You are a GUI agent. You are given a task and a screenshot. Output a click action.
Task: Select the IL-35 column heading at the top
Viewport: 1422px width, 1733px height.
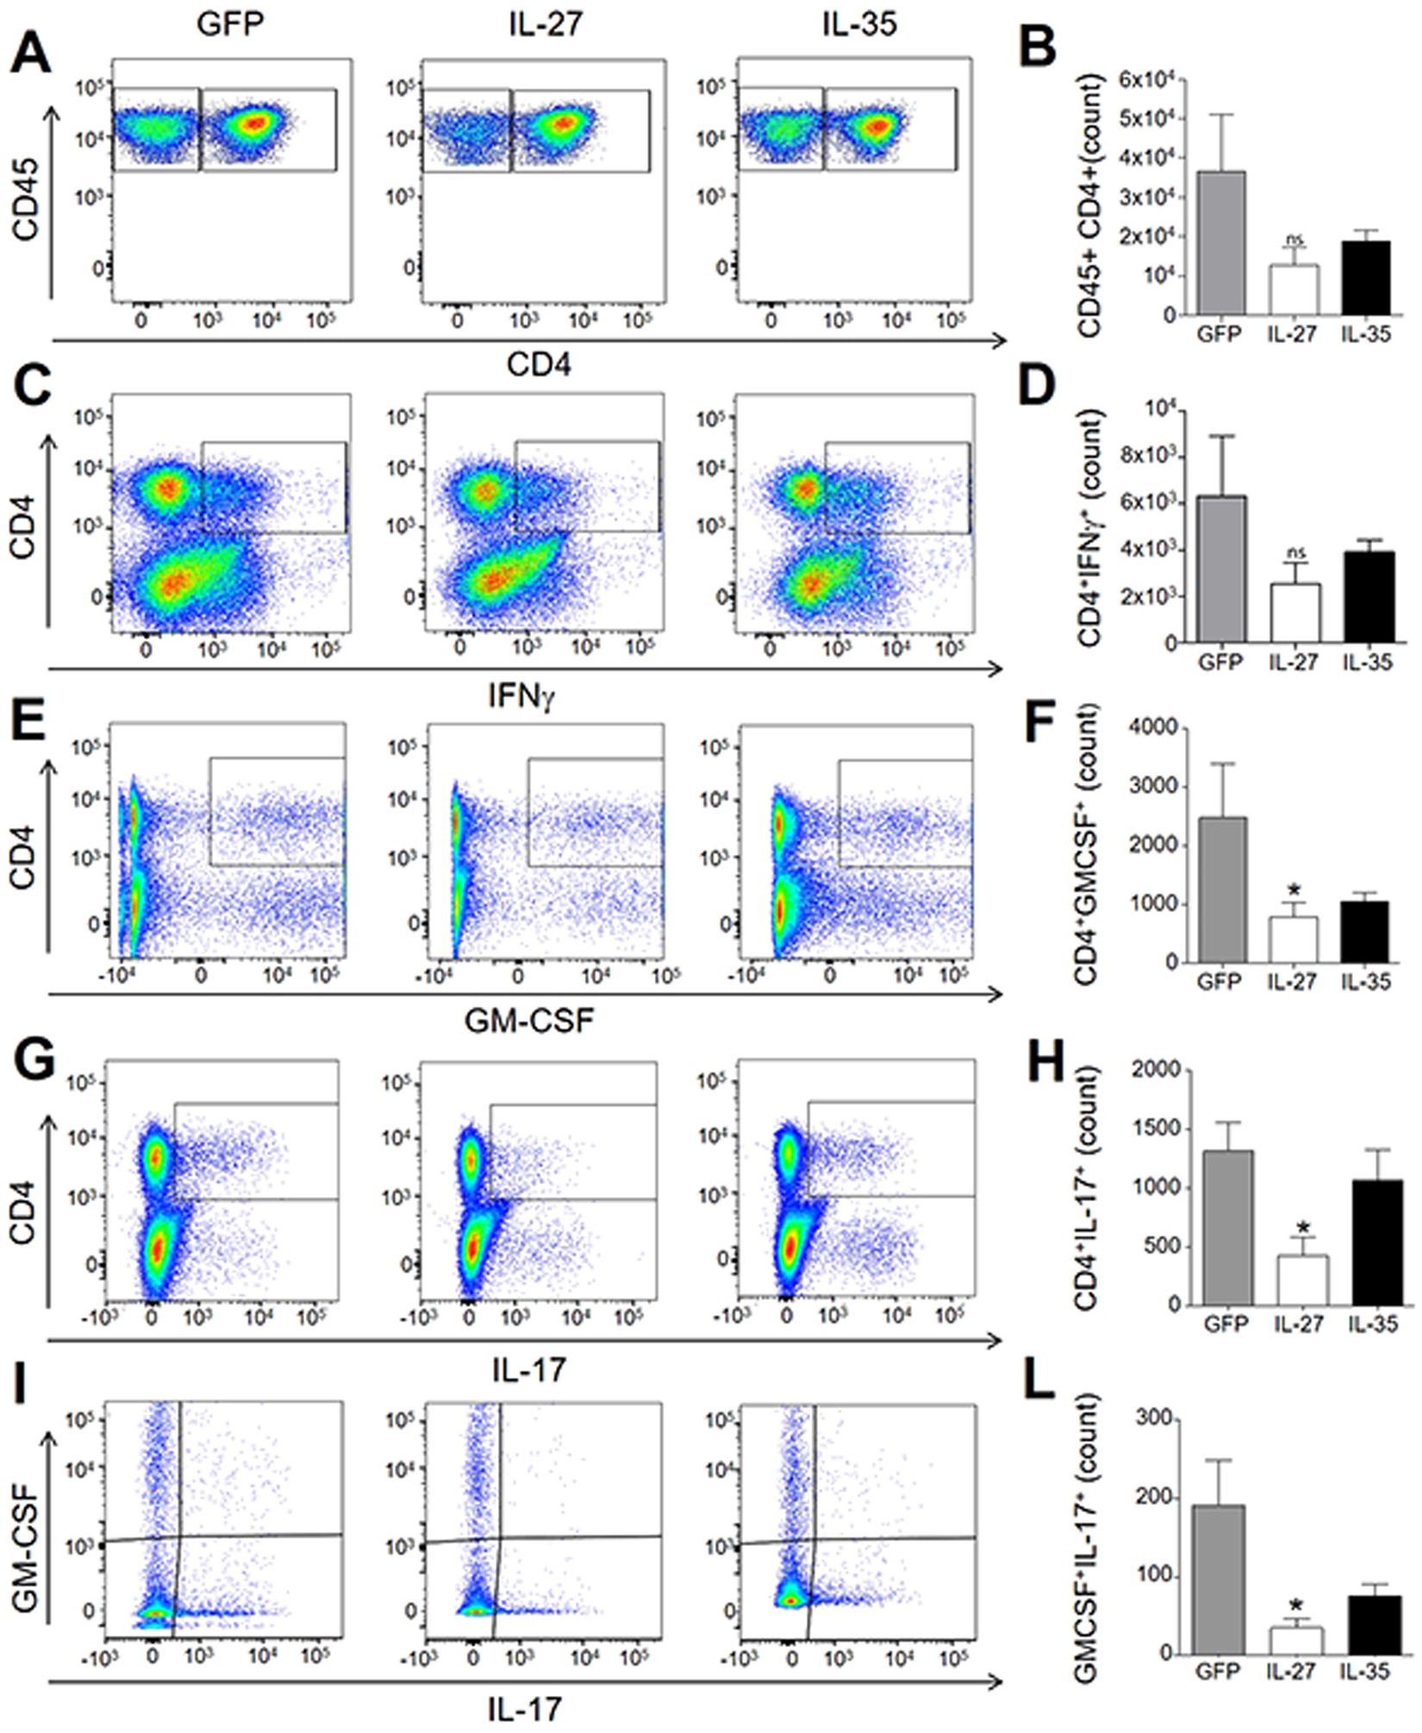click(x=858, y=23)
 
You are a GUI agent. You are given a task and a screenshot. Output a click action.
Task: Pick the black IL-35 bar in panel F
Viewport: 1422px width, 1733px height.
click(x=1365, y=932)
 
